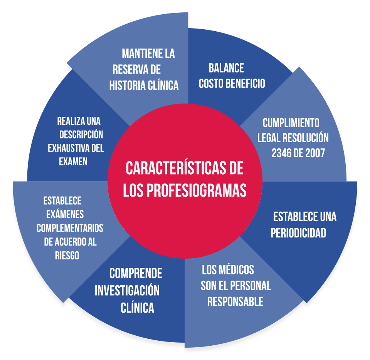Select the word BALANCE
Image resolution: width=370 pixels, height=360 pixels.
[226, 68]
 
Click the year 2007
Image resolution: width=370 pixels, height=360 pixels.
[316, 153]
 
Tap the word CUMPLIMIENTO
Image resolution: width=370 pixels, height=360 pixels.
[291, 123]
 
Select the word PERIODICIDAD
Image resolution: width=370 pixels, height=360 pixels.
[298, 233]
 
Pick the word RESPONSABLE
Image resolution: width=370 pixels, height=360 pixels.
[235, 301]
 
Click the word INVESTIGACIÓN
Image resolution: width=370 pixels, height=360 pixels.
[127, 290]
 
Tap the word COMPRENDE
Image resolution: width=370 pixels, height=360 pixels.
[136, 274]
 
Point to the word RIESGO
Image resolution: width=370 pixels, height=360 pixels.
[67, 255]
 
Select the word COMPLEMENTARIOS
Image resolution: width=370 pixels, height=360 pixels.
[70, 228]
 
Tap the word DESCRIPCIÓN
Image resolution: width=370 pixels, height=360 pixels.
[81, 135]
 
